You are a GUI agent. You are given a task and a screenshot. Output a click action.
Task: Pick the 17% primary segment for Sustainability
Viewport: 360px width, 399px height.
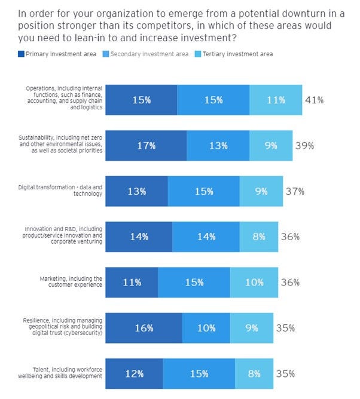point(145,145)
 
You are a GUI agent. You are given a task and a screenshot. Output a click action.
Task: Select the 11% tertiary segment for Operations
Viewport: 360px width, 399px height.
point(276,100)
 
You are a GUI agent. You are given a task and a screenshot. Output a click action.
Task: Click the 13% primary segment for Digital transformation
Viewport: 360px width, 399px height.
point(137,191)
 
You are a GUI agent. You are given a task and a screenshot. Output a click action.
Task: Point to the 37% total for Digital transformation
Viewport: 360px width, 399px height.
point(294,191)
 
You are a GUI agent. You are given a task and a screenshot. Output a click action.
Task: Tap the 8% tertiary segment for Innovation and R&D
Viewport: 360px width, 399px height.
point(259,237)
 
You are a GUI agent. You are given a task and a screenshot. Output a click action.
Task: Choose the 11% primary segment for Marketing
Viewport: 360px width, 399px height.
point(132,283)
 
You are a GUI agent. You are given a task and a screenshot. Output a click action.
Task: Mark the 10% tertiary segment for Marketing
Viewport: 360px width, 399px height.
point(254,283)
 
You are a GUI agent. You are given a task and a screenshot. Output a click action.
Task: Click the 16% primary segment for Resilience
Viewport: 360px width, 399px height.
point(144,328)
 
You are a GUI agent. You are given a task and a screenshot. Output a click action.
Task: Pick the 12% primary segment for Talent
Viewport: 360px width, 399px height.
point(135,374)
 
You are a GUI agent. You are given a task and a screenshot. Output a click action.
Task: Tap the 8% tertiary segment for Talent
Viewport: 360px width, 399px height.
point(254,374)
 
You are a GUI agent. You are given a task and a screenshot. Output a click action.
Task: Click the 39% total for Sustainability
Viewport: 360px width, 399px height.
point(304,145)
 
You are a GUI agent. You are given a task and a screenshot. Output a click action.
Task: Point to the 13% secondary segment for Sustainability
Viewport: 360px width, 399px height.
point(218,145)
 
